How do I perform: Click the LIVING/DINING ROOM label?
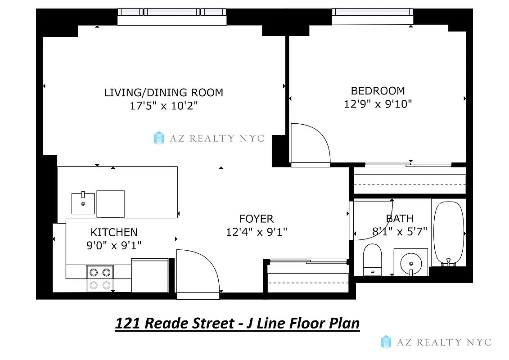[163, 93]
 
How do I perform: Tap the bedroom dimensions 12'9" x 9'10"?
[378, 104]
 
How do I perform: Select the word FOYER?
[256, 219]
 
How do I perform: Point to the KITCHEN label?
[114, 232]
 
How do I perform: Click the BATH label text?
[400, 219]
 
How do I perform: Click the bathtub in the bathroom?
[448, 232]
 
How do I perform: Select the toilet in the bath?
[372, 259]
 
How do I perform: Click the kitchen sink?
[83, 204]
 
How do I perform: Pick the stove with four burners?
[100, 278]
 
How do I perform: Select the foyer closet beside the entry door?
[307, 279]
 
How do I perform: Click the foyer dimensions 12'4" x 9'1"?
[256, 232]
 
